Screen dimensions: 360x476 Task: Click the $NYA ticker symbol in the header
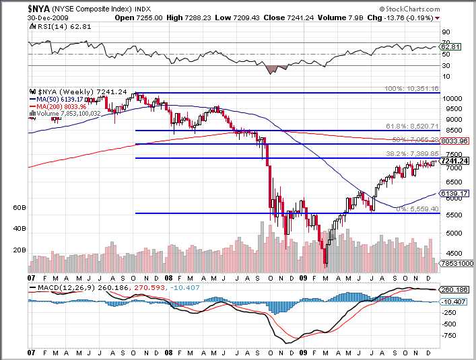coord(38,8)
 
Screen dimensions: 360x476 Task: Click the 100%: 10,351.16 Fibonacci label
coord(411,89)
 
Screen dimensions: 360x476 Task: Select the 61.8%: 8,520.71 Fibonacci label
coord(412,126)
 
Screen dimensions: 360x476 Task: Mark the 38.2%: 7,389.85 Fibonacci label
coord(412,154)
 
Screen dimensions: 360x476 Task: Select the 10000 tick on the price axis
coord(452,98)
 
